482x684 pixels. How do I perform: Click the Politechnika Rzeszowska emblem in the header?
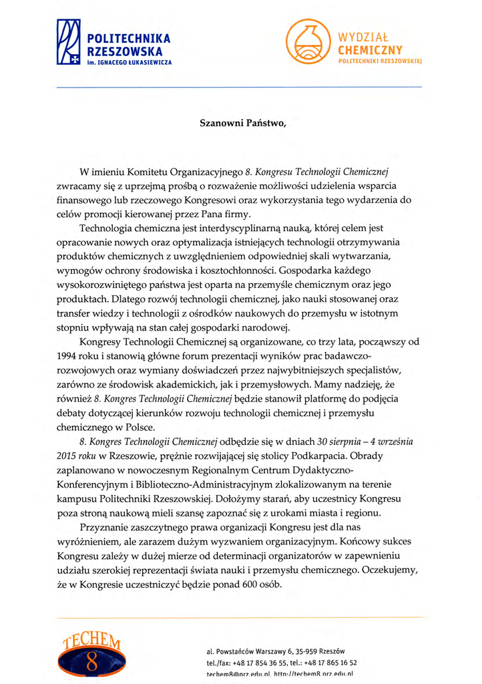pyautogui.click(x=68, y=42)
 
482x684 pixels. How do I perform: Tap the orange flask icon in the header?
pyautogui.click(x=308, y=41)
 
